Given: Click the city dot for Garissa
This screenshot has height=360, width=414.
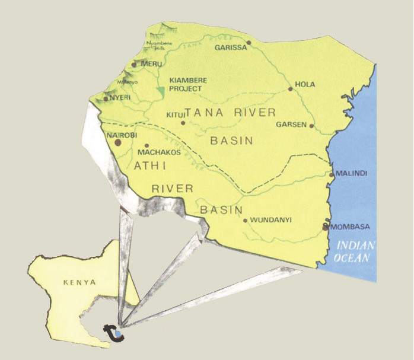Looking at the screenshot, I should click(249, 43).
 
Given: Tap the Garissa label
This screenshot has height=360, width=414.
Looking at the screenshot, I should click(231, 48).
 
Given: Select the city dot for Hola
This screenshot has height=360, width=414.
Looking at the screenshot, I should click(290, 90).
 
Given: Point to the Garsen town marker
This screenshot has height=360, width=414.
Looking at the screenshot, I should click(311, 126).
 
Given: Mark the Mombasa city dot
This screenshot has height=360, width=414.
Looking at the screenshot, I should click(325, 227).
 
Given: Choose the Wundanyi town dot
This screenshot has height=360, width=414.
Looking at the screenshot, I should click(245, 221).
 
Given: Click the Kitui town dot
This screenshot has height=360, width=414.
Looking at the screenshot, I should click(183, 123).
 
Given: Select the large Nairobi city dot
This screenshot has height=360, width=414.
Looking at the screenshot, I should click(118, 142).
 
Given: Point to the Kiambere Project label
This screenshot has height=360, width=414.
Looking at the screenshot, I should click(186, 84).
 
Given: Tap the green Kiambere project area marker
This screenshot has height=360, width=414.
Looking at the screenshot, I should click(161, 92).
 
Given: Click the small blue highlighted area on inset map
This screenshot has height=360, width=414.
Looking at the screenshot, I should click(118, 334).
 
